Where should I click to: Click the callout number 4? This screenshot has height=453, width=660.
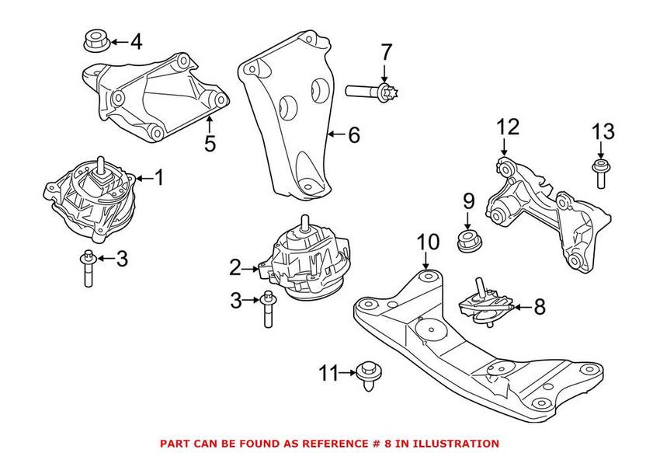click(136, 40)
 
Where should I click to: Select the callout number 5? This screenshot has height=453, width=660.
click(210, 144)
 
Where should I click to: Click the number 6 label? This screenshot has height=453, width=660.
click(353, 136)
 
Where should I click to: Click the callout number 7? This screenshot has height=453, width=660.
click(387, 54)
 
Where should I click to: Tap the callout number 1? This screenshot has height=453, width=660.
click(159, 179)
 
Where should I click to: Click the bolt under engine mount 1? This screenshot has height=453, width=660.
click(87, 268)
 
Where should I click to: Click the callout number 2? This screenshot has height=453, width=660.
click(235, 269)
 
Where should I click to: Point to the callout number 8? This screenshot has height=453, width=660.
click(539, 308)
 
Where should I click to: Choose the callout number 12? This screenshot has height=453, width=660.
click(506, 126)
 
